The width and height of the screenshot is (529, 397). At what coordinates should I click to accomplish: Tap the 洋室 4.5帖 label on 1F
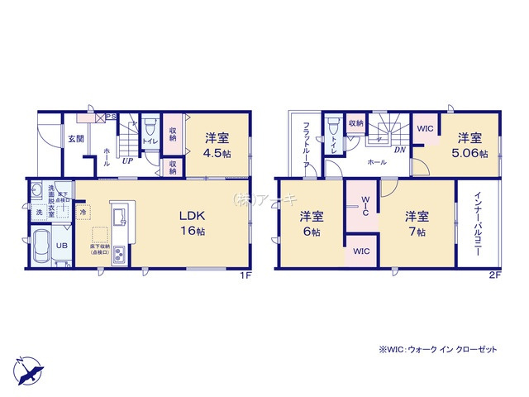pyautogui.click(x=217, y=145)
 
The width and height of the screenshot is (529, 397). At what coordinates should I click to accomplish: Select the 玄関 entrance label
pyautogui.click(x=76, y=138)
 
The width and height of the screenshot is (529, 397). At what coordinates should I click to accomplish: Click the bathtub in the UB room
pyautogui.click(x=44, y=245)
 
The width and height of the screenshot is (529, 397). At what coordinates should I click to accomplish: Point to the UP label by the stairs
pyautogui.click(x=128, y=161)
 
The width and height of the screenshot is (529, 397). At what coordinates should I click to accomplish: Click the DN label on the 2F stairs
pyautogui.click(x=398, y=150)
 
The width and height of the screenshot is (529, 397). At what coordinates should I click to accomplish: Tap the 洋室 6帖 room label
pyautogui.click(x=312, y=223)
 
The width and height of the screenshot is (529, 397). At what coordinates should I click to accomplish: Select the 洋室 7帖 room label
pyautogui.click(x=417, y=223)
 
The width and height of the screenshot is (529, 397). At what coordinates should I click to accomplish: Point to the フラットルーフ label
pyautogui.click(x=306, y=145)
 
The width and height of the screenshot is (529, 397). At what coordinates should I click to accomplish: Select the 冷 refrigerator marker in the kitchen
pyautogui.click(x=84, y=212)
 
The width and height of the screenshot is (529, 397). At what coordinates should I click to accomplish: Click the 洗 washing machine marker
pyautogui.click(x=38, y=213)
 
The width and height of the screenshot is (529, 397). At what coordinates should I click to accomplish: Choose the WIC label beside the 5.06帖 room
pyautogui.click(x=425, y=129)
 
